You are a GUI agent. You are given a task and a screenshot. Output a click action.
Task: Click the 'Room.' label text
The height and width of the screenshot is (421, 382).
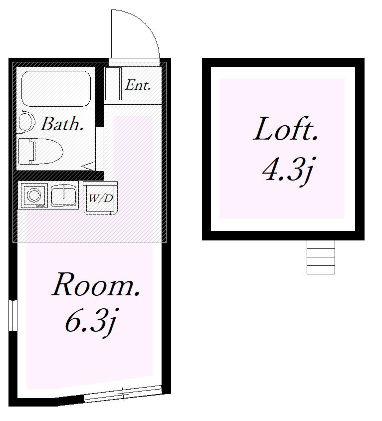pyautogui.click(x=96, y=285)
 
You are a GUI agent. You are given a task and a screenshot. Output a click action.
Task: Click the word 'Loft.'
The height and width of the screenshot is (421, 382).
pyautogui.click(x=285, y=129)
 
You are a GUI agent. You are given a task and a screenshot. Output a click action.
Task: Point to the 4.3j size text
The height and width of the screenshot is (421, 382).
pyautogui.click(x=288, y=170)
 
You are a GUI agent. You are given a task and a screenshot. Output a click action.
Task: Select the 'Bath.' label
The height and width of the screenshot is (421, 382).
pyautogui.click(x=61, y=124)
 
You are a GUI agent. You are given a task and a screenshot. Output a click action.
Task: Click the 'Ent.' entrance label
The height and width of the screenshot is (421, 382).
pyautogui.click(x=138, y=85)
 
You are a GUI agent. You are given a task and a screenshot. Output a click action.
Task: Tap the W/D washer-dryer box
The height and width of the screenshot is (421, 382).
pyautogui.click(x=100, y=198)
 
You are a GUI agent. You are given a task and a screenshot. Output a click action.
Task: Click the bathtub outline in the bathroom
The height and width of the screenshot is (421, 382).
pyautogui.click(x=56, y=89)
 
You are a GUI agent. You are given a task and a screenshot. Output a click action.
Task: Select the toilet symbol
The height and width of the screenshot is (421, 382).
pyautogui.click(x=40, y=151)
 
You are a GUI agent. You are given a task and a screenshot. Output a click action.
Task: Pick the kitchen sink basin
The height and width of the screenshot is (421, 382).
pyautogui.click(x=64, y=196)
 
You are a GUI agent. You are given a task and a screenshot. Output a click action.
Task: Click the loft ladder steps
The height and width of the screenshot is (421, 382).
pyautogui.click(x=321, y=257)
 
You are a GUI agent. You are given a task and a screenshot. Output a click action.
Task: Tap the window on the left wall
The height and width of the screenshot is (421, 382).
pyautogui.click(x=13, y=315)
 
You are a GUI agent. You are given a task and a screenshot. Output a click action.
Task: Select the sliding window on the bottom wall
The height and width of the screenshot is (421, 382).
pyautogui.click(x=123, y=394)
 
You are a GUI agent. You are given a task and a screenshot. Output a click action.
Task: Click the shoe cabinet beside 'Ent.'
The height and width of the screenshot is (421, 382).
pyautogui.click(x=113, y=83)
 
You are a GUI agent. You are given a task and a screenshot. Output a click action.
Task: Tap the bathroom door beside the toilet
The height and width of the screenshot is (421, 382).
pyautogui.click(x=100, y=149)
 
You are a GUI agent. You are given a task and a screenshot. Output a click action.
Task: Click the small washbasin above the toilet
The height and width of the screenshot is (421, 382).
pyautogui.click(x=26, y=122)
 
